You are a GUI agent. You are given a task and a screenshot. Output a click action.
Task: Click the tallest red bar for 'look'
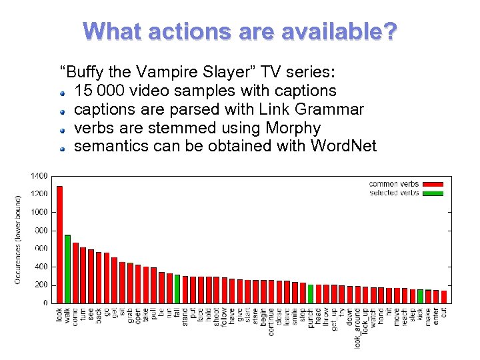click(59, 244)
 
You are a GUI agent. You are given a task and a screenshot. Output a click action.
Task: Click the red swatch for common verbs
click(433, 184)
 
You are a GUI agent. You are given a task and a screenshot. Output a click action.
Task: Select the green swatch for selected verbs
click(433, 193)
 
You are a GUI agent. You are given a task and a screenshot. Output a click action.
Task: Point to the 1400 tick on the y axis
click(39, 176)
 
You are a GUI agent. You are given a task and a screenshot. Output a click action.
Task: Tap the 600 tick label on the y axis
click(41, 249)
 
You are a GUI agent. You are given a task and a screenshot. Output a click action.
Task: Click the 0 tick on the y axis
click(45, 303)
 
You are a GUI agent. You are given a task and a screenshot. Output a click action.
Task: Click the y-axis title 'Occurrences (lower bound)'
click(18, 239)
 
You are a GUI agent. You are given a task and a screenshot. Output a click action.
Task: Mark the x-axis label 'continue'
click(271, 321)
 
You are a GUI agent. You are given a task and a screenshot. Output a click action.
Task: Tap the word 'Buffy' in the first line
click(87, 71)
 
